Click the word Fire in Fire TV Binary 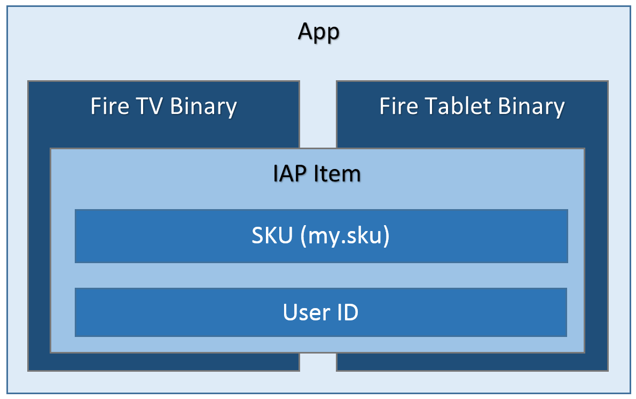coord(109,106)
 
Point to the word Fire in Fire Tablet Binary coord(398,106)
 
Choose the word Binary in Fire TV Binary coord(203,106)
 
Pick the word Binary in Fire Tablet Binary coord(531,106)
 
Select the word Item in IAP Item coord(340,174)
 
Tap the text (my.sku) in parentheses coord(345,236)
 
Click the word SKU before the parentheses coord(272,236)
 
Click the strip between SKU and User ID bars coord(320,275)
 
